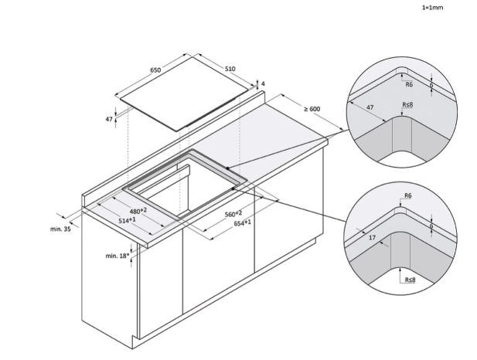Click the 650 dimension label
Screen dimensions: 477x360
155,70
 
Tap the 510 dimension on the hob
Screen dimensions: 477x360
230,69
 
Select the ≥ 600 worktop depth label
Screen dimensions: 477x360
312,109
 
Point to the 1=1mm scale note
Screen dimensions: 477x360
432,8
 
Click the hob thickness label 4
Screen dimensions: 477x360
263,83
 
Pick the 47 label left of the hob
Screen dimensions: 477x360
109,119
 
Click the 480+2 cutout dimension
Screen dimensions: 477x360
138,211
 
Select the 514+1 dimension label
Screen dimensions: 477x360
127,220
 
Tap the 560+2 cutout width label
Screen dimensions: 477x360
233,214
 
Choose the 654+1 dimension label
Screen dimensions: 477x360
243,222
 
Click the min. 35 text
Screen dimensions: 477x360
60,229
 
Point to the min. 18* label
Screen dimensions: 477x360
118,256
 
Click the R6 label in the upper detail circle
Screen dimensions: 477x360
409,84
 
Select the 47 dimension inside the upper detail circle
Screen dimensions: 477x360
370,107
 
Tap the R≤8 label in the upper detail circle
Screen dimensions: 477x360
407,104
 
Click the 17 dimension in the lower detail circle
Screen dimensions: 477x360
372,237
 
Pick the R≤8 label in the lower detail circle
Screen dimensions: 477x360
410,280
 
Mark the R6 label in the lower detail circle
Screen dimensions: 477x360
408,195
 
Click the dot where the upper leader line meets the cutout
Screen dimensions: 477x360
227,168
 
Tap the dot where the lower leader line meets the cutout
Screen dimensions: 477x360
233,188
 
